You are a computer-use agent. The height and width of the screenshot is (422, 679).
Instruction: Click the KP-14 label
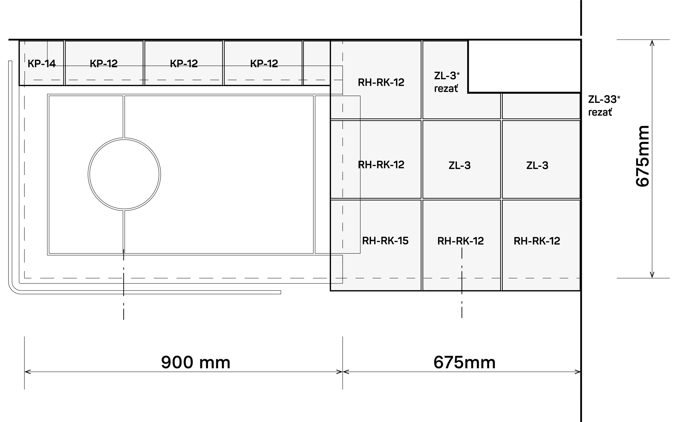point(42,64)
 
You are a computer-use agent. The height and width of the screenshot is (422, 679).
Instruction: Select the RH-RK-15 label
point(385,241)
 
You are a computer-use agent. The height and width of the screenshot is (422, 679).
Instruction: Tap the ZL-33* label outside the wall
point(604,99)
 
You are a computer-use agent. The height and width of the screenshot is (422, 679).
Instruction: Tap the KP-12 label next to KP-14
point(103,64)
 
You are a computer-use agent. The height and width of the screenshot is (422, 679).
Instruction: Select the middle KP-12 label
point(184,64)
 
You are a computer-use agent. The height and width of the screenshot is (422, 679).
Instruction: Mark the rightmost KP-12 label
point(264,64)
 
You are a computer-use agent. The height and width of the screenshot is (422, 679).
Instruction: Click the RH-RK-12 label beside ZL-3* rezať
point(381,82)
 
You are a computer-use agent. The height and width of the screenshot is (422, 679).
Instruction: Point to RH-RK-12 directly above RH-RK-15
point(381,165)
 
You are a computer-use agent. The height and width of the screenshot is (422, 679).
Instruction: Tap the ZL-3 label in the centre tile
point(459,166)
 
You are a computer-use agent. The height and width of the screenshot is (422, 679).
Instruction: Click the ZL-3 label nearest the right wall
point(537,166)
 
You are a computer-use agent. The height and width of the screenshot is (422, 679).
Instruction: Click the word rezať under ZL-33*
point(600,112)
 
